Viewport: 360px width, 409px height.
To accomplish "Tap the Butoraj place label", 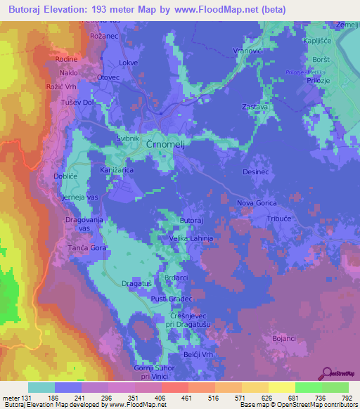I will [192, 221].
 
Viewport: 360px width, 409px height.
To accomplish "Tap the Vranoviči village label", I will [248, 51].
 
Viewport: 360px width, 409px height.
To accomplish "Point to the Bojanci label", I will [283, 339].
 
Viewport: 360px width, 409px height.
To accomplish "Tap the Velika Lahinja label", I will [192, 239].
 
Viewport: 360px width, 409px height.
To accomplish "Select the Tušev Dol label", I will [67, 102].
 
